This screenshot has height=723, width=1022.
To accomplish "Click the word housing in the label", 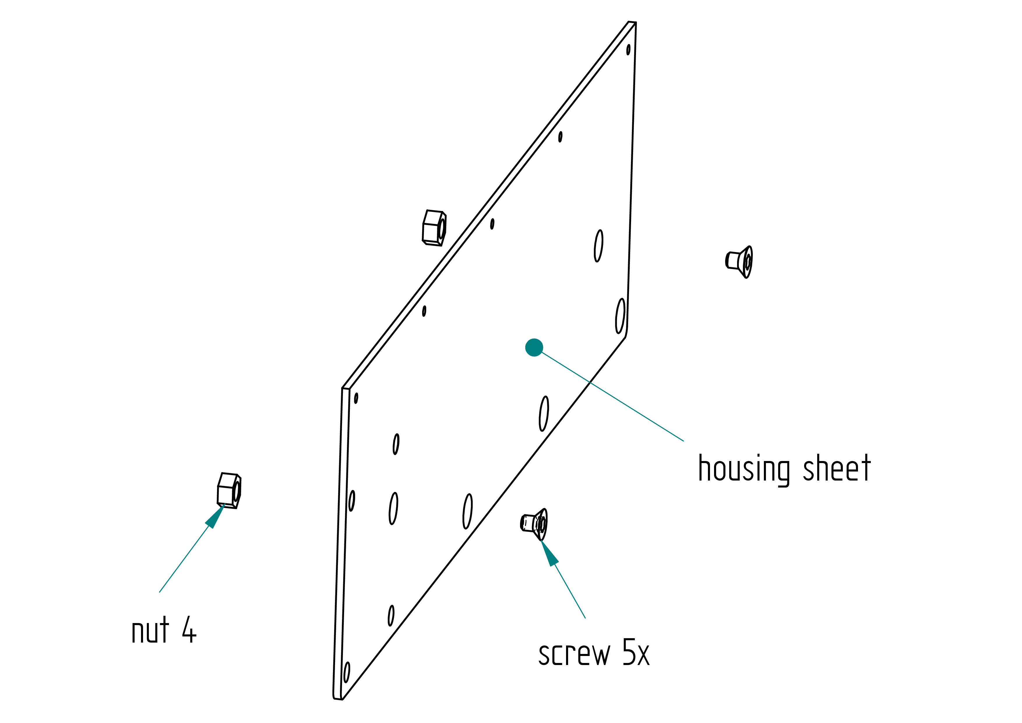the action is coord(744,469).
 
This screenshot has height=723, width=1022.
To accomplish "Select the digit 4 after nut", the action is coord(189,629).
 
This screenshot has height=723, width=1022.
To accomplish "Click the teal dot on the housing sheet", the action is coord(534,347).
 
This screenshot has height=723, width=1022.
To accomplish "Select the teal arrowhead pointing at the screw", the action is coord(549,553).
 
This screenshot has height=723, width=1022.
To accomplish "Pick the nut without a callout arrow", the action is coord(434,228).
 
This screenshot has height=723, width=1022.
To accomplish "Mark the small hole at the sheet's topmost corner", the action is coord(628,50).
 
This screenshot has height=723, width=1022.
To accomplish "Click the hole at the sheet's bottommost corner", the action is coord(347,672).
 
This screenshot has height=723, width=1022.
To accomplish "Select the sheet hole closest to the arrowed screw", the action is coord(467,511).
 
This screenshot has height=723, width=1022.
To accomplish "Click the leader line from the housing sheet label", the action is coord(612,396).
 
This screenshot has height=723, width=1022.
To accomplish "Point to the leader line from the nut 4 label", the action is coord(184,559).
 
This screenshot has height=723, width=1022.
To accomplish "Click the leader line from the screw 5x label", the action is coord(570,591).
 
